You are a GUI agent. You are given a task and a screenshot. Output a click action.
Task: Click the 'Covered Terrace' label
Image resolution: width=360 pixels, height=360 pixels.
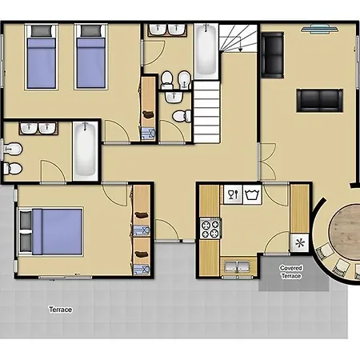[291, 272]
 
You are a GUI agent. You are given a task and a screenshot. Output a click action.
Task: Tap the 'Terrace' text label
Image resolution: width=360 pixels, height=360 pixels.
[61, 310]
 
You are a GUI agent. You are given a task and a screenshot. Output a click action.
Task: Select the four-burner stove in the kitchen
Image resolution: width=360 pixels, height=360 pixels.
[210, 228]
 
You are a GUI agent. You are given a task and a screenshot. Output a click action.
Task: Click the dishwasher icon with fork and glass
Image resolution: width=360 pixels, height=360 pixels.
[233, 194]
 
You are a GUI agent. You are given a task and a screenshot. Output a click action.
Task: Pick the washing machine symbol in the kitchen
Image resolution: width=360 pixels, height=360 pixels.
[252, 194]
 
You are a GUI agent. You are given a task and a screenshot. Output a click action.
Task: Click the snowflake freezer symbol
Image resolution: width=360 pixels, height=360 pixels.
[300, 243]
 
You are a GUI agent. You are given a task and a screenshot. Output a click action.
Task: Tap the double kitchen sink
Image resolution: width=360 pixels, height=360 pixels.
[237, 266]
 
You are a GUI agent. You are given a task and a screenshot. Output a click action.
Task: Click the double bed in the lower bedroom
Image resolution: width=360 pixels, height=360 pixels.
[50, 231]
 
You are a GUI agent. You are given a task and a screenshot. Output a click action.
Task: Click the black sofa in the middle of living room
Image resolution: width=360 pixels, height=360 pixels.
[320, 100]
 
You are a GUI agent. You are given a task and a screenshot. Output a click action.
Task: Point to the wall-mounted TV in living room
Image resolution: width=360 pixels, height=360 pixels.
[320, 29]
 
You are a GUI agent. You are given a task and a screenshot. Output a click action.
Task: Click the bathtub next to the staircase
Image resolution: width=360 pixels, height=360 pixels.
[206, 50]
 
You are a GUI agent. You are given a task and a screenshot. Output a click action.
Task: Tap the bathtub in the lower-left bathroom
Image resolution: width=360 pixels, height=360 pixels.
[84, 151]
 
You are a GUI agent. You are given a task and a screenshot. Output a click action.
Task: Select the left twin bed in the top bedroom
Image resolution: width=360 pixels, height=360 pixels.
[42, 57]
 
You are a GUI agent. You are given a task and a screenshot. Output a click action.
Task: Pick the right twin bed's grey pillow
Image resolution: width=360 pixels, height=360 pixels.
[91, 31]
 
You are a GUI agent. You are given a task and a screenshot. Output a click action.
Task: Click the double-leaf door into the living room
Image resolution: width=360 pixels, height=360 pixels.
[267, 162]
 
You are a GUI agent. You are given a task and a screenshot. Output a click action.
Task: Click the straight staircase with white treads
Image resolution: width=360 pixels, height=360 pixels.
[206, 112]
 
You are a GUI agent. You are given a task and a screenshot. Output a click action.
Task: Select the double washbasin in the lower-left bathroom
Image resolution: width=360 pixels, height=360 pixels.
[38, 128]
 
